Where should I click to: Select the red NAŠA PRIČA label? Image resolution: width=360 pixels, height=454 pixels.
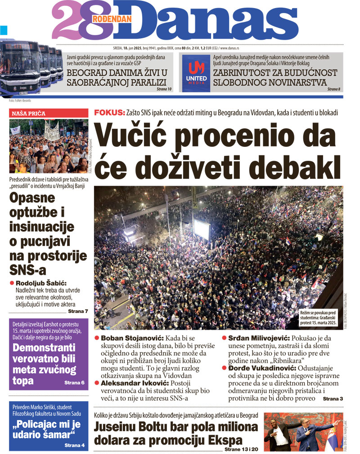[x=28, y=113]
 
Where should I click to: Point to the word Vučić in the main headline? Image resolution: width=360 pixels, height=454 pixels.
[x=135, y=136]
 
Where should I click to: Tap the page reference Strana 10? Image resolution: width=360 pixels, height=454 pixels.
[x=164, y=89]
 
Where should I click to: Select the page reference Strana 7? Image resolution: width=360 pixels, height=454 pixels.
[x=78, y=311]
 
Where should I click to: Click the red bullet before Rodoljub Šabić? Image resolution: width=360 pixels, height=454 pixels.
[x=12, y=283]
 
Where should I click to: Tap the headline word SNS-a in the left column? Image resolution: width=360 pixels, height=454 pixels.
[x=28, y=270]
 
